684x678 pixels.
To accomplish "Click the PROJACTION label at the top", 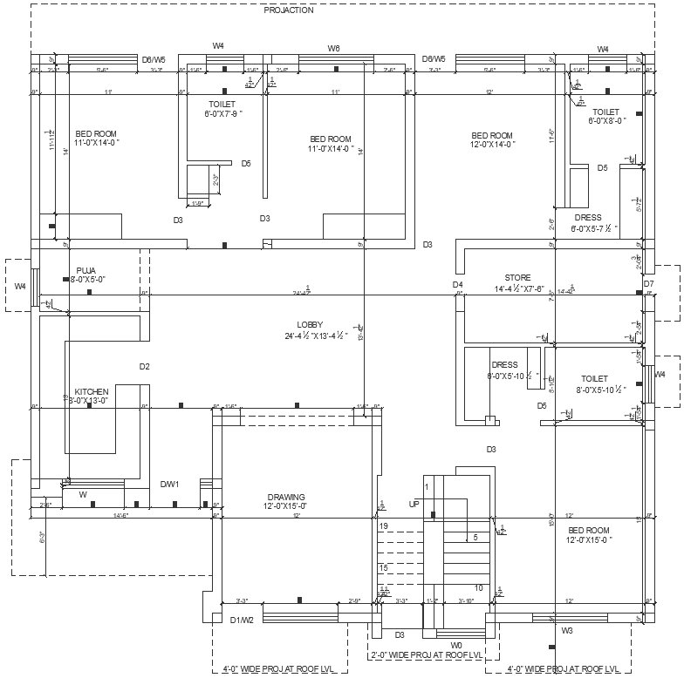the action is point(289,10).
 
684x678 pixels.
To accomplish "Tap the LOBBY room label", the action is point(310,325).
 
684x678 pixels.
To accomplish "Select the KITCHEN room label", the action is point(92,391).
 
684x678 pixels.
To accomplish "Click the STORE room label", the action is point(517,278).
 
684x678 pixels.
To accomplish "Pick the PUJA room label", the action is point(86,270).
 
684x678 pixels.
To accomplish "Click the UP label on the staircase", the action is point(414,505).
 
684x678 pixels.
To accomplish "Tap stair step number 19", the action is point(383,526).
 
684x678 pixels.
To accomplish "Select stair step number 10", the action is point(479,588).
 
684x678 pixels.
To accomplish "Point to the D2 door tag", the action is point(145,367).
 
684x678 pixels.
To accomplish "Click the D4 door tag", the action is point(457,285).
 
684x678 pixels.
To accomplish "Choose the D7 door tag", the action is point(648,284).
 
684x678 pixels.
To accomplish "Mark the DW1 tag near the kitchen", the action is point(169,484).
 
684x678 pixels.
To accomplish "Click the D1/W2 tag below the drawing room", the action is point(242,620).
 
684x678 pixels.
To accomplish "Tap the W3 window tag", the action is point(567,630).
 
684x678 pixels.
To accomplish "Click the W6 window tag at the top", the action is point(333,48).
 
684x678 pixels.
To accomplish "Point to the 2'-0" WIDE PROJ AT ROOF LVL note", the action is point(427,654).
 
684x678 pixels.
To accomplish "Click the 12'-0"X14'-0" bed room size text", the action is point(491,145).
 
